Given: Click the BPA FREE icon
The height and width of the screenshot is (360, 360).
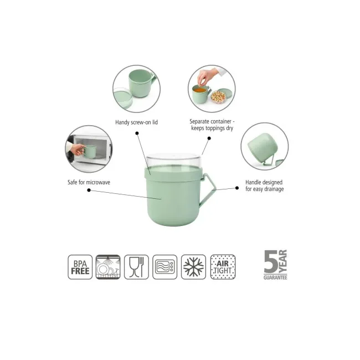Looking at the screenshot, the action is click(x=80, y=267).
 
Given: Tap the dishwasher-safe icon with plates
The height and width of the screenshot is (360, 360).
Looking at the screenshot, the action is click(x=108, y=267).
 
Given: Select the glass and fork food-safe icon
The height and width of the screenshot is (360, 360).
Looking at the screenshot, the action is click(x=136, y=267).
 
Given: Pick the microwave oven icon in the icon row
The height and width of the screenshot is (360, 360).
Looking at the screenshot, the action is click(x=165, y=267).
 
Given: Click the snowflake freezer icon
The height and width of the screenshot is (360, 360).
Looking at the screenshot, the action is click(x=193, y=267).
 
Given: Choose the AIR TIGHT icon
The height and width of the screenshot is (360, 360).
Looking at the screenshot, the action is click(x=223, y=267).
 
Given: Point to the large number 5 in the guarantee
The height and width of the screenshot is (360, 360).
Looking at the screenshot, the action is click(x=271, y=261).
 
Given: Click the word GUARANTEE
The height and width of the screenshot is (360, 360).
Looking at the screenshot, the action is click(x=275, y=277).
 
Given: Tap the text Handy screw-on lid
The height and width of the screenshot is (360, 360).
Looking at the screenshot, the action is click(x=136, y=122).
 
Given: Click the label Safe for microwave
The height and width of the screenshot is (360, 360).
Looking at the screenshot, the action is click(x=89, y=182).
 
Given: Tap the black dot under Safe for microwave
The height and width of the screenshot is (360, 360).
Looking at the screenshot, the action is click(x=89, y=190).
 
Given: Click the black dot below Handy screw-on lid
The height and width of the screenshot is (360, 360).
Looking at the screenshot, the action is click(x=137, y=133).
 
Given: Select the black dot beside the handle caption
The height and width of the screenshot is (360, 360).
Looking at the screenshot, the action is click(x=237, y=188).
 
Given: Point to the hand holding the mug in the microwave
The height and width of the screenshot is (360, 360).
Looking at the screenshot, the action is click(x=77, y=149).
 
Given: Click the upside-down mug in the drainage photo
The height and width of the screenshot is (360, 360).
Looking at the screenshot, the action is click(x=263, y=145).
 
